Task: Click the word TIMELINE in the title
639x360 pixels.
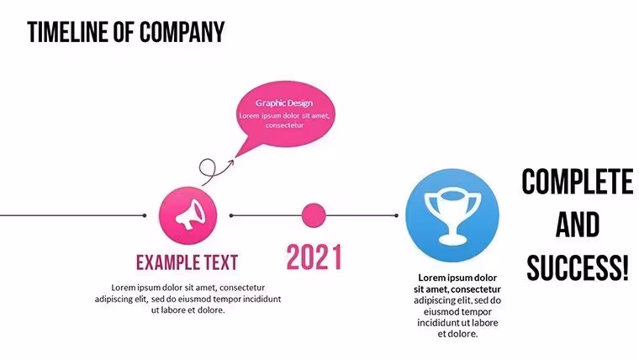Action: [68, 32]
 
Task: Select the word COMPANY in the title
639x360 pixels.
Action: [182, 32]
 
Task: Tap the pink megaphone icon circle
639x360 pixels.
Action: [187, 215]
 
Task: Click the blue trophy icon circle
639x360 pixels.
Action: [452, 215]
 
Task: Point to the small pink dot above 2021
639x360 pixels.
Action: [314, 215]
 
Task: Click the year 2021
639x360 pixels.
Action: [314, 257]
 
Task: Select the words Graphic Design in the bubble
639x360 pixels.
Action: [284, 103]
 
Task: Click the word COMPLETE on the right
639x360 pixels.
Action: [578, 182]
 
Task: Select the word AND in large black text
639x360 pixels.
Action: [578, 225]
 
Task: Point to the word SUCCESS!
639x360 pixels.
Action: [578, 267]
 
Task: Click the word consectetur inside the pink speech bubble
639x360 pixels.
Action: [284, 125]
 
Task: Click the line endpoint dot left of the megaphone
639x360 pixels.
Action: [145, 215]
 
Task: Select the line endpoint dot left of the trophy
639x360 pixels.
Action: [397, 215]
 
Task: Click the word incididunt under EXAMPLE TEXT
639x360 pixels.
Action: [261, 299]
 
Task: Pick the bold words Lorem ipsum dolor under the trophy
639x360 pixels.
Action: [457, 278]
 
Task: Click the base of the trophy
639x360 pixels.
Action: [452, 240]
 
